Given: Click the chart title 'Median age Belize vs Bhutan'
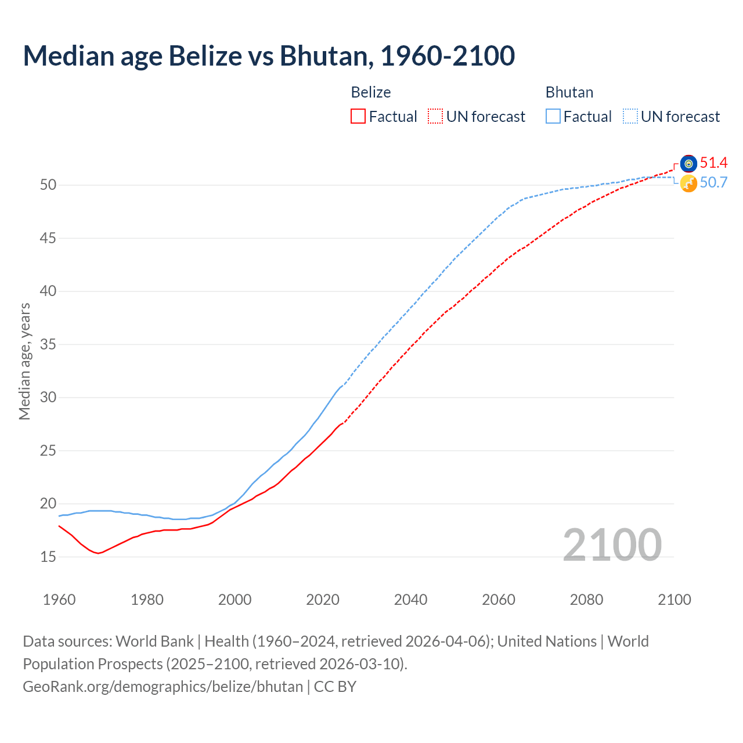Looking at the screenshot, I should point(268,56).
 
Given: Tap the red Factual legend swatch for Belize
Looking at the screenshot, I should point(358,117).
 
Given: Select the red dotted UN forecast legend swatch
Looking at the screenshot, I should point(435,117).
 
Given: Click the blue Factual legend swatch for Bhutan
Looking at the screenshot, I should point(553,117).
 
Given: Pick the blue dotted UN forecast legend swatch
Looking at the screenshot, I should point(630,117).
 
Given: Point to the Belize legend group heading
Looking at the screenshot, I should point(371,92).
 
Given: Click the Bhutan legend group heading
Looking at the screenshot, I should point(569,92).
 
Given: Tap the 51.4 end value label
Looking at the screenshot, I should point(713,163).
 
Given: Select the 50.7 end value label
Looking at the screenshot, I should point(713,182).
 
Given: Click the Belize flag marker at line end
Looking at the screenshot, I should point(688,163).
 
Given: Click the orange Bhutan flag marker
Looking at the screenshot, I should point(688,183).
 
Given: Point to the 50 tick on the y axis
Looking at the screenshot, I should point(48,185).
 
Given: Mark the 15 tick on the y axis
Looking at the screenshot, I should point(48,557).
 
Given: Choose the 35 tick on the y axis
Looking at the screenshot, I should point(48,345).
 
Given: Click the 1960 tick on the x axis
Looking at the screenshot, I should point(59,600).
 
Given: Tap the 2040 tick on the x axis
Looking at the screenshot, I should point(410,600).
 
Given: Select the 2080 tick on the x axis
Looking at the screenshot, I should point(586,600).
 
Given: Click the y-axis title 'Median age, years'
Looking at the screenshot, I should point(24,361).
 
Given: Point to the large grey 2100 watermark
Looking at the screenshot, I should point(612,545).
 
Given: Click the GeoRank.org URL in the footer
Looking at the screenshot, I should point(163,687).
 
